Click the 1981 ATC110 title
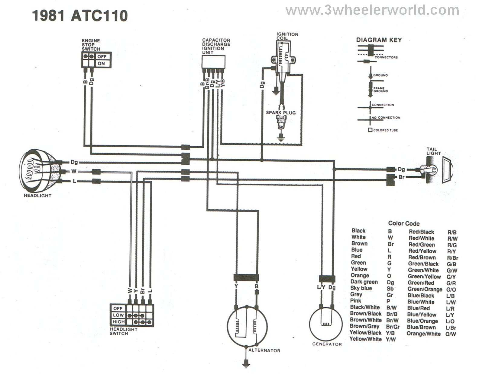(x=80, y=16)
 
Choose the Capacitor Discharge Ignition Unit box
(x=213, y=62)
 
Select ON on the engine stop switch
(x=102, y=64)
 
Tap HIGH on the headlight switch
(x=118, y=322)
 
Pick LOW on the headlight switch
(x=118, y=315)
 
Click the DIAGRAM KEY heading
(x=379, y=40)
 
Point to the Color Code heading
(x=404, y=223)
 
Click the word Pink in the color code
(x=356, y=301)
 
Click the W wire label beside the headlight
(x=74, y=172)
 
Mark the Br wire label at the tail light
(x=401, y=177)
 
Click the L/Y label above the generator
(x=321, y=287)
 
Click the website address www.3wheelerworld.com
(x=372, y=11)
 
